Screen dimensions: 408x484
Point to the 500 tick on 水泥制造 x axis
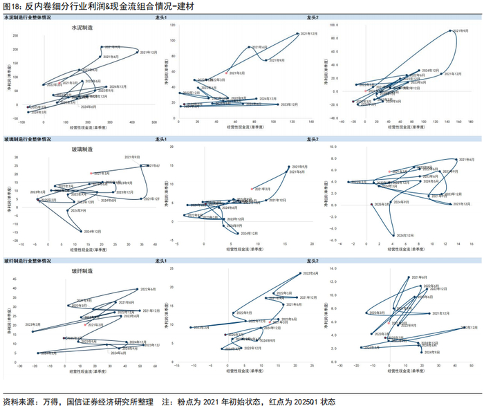pyautogui.click(x=162, y=120)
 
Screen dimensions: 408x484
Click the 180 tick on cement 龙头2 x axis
pyautogui.click(x=470, y=120)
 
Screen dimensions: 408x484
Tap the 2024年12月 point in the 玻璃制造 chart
pyautogui.click(x=82, y=231)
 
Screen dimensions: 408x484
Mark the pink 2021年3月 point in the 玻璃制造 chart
pyautogui.click(x=91, y=173)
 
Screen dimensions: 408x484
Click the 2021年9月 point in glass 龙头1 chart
pyautogui.click(x=289, y=167)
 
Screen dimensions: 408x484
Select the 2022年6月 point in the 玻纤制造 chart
pyautogui.click(x=137, y=289)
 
